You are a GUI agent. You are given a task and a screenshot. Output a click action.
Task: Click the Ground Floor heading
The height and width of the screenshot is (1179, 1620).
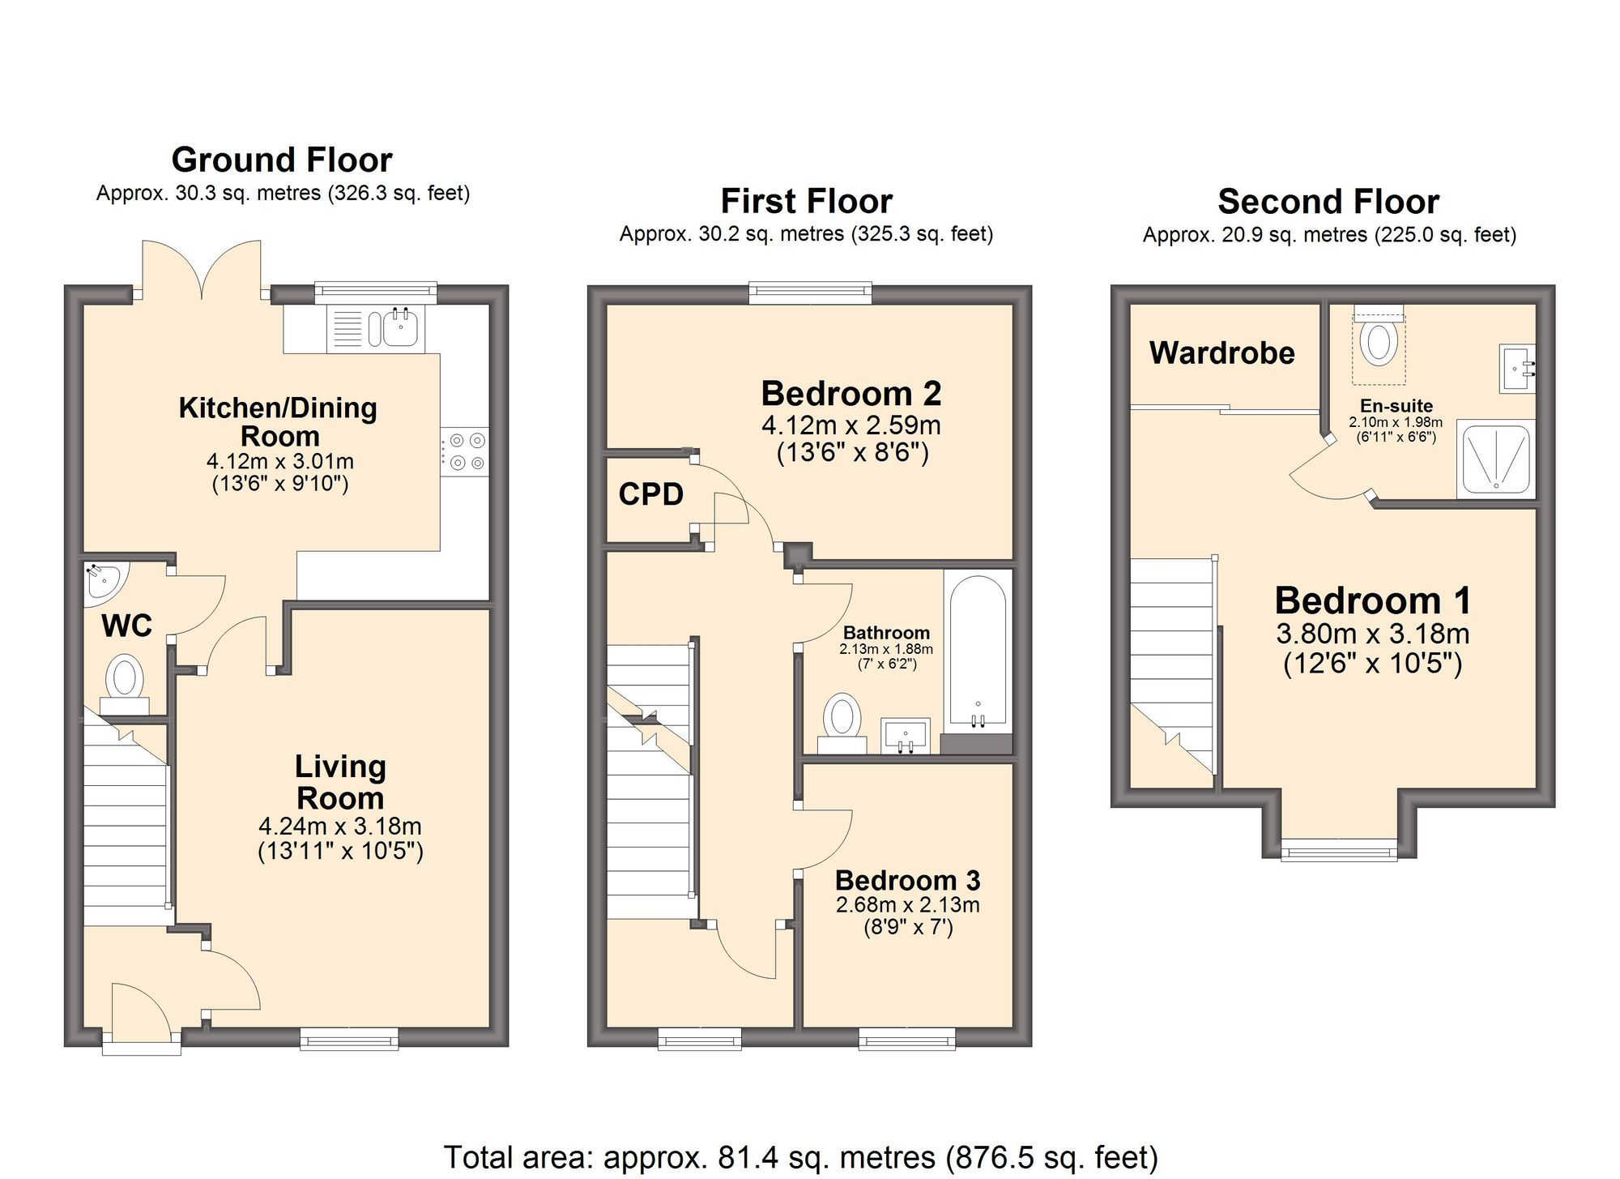pos(282,160)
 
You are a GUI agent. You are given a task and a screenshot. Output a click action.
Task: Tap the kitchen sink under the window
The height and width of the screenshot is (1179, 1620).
pos(398,328)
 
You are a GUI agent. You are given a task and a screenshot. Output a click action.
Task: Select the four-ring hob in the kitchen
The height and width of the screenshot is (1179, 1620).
pos(466,451)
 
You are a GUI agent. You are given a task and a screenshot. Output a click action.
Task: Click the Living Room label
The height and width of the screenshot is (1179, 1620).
pos(340,782)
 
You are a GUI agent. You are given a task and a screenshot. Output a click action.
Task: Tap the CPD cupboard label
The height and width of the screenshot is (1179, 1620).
pos(650,494)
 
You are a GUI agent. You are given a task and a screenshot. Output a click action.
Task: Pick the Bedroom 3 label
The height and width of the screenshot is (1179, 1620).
pos(907,880)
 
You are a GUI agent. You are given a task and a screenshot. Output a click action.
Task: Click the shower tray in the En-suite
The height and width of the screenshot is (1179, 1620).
pos(1495,459)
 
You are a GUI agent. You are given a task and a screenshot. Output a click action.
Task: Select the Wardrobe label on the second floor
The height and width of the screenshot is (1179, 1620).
pos(1221,353)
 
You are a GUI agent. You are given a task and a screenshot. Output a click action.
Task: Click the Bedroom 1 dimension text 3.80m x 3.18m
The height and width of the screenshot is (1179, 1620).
pos(1372,634)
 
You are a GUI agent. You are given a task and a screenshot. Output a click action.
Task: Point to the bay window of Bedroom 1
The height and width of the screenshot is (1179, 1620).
pos(1339,850)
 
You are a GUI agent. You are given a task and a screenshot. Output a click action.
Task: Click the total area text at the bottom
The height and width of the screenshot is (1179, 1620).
pos(800,1157)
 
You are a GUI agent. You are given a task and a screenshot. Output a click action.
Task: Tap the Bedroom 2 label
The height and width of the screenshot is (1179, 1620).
pos(850,394)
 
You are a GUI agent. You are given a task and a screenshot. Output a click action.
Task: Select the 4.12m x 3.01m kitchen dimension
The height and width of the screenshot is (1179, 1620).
pos(280,462)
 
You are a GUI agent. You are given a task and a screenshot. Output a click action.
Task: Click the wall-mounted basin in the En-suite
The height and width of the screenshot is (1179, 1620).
pos(1516,369)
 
